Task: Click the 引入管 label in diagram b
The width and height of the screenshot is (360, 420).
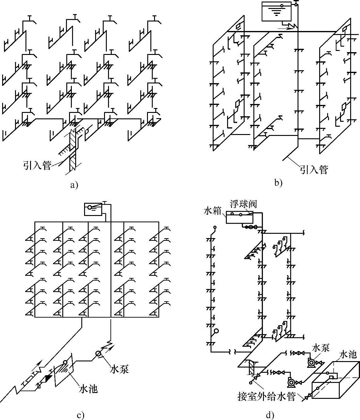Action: (x=314, y=169)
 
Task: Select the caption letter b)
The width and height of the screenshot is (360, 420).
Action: (x=278, y=183)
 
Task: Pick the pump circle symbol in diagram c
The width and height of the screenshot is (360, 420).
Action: (x=99, y=354)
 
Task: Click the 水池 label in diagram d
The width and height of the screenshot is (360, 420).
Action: (x=348, y=355)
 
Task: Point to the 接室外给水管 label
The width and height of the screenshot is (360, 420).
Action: (x=266, y=397)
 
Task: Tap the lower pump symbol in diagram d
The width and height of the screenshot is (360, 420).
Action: (x=291, y=382)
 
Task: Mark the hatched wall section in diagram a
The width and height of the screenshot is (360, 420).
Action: (x=72, y=150)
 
